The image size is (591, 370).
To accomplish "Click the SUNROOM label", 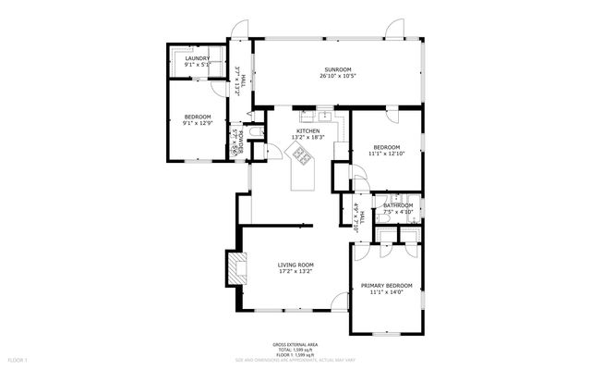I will [x=339, y=69].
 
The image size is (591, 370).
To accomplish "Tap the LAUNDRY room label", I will [x=197, y=58].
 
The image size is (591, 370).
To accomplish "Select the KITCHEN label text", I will [x=308, y=131].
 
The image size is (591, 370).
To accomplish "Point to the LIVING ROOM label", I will [x=296, y=265].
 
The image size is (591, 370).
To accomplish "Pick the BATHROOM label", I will [x=398, y=205].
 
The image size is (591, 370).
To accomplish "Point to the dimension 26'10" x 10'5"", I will [x=339, y=77].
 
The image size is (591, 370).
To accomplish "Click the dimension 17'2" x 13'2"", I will [x=296, y=272].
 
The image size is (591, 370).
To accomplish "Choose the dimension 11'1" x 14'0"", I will [x=386, y=292].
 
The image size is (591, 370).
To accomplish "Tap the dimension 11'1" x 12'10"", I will [x=386, y=154].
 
